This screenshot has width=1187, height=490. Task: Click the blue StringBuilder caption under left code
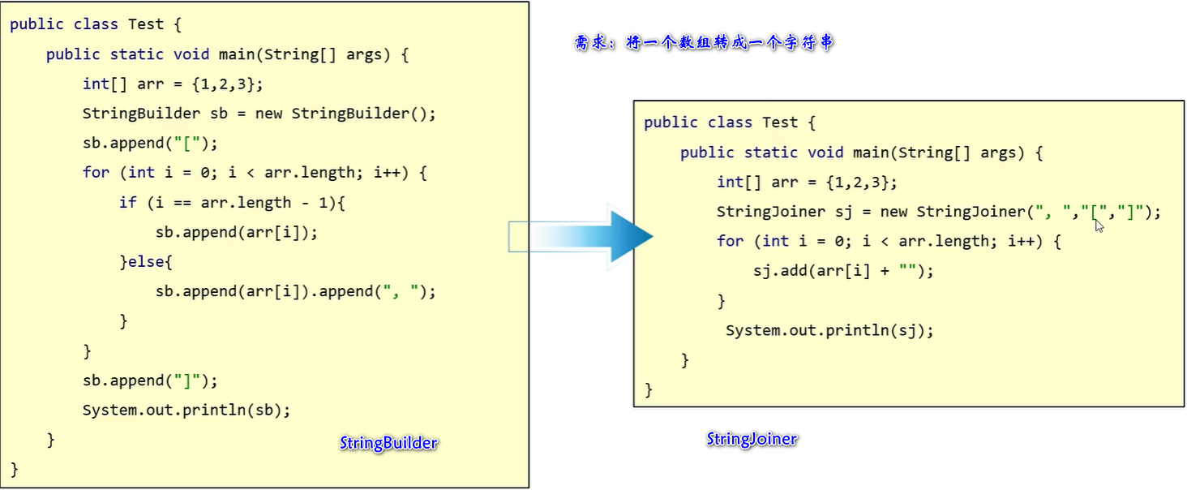[x=388, y=443]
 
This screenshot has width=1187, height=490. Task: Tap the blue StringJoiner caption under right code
[x=752, y=439]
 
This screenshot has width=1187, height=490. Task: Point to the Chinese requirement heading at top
[x=703, y=43]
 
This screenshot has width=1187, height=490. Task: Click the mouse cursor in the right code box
[x=1099, y=226]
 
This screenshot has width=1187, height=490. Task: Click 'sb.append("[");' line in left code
[x=150, y=144]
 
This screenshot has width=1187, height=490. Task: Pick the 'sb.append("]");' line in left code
[x=150, y=380]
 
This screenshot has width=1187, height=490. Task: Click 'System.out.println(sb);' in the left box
[x=186, y=410]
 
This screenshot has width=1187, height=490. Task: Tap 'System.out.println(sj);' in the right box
[x=829, y=331]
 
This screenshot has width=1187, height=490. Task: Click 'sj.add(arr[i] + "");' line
[x=843, y=271]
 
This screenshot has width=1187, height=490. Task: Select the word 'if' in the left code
[x=128, y=203]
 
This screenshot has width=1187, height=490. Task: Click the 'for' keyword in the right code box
[x=730, y=241]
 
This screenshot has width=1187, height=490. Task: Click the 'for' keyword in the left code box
[x=96, y=173]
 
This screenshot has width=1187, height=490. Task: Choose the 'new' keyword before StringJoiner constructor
[x=893, y=212]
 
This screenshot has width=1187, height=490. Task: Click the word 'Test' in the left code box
[x=146, y=24]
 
